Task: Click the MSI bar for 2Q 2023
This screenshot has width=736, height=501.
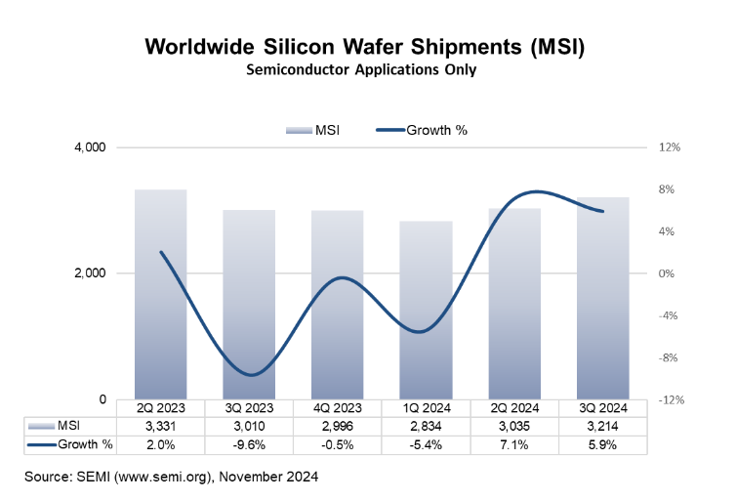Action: [x=160, y=294]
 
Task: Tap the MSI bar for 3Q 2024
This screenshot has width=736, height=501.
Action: [x=603, y=298]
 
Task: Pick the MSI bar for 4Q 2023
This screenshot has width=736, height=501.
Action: [x=338, y=305]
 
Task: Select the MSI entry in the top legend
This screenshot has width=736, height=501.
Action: [x=314, y=130]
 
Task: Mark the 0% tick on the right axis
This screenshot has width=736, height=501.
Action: [x=667, y=273]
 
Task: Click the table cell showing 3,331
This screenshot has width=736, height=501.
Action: [x=160, y=426]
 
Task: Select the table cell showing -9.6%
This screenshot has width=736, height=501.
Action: [x=249, y=444]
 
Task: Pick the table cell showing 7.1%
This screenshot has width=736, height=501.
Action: [x=514, y=444]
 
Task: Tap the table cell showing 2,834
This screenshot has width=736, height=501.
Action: [x=427, y=426]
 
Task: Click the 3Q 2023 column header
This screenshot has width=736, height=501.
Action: [x=249, y=408]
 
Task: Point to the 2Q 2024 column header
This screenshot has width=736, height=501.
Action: [x=514, y=408]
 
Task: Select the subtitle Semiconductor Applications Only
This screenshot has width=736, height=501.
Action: [x=369, y=70]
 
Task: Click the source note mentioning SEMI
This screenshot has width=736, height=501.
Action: [x=172, y=478]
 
